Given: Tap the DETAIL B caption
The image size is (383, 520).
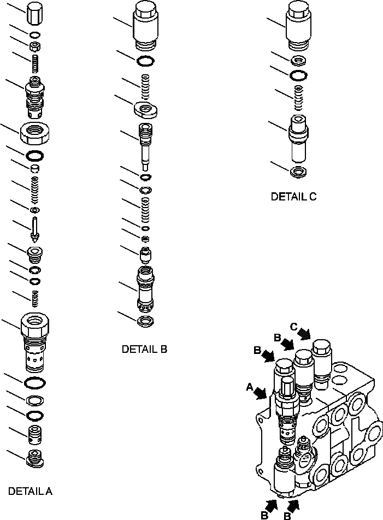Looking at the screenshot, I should tap(144, 349).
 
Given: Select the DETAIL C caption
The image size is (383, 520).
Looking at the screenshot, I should tap(293, 197).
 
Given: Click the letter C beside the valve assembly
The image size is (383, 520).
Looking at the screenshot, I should tap(294, 327).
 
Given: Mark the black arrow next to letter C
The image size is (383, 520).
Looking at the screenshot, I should tap(305, 333).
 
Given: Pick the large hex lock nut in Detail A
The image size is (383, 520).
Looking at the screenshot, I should tap(35, 132).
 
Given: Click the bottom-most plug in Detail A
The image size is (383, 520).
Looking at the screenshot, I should tap(35, 458).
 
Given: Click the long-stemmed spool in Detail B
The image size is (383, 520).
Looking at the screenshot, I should tap(145, 143).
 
